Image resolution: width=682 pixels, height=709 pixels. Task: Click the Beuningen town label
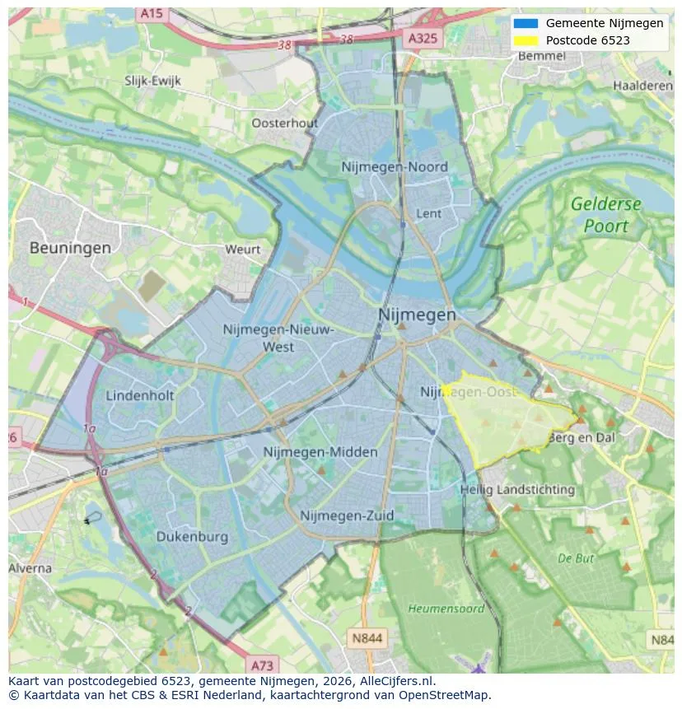pyautogui.click(x=70, y=247)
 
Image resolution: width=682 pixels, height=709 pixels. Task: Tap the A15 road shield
pyautogui.click(x=151, y=13)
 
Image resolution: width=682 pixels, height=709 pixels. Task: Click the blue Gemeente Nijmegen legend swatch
pyautogui.click(x=525, y=23)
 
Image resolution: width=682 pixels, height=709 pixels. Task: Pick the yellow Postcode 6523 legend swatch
pyautogui.click(x=525, y=40)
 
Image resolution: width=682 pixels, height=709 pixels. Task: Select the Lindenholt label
pyautogui.click(x=140, y=395)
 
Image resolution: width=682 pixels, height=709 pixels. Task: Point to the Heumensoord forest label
pyautogui.click(x=446, y=609)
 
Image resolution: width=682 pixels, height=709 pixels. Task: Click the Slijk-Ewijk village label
pyautogui.click(x=152, y=81)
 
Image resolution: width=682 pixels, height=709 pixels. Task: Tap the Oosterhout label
pyautogui.click(x=284, y=123)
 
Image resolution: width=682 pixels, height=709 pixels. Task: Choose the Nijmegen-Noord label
pyautogui.click(x=395, y=167)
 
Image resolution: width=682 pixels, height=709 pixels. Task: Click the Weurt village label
pyautogui.click(x=242, y=249)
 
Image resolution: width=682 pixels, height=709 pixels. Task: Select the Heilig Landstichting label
pyautogui.click(x=517, y=489)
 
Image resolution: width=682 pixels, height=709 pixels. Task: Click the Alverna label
pyautogui.click(x=30, y=568)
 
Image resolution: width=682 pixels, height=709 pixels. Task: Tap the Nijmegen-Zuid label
pyautogui.click(x=347, y=515)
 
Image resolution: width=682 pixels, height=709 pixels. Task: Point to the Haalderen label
pyautogui.click(x=642, y=86)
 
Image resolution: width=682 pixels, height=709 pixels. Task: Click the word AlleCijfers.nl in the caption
pyautogui.click(x=398, y=681)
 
